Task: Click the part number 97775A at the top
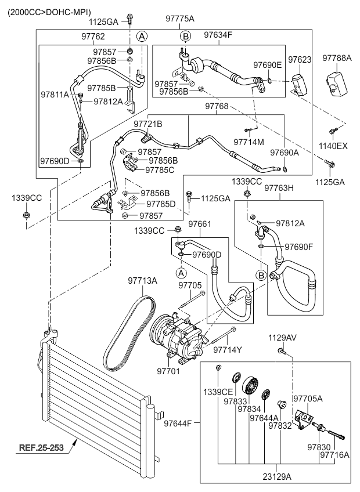[x=180, y=19]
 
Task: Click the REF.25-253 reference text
[x=41, y=447]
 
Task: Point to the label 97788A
[x=337, y=58]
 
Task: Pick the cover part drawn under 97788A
[x=336, y=82]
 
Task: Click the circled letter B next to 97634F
[x=185, y=37]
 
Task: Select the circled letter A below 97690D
[x=181, y=273]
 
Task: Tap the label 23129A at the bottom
[x=277, y=477]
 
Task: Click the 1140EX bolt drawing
[x=333, y=131]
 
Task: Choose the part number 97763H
[x=279, y=188]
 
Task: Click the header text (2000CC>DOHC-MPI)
[x=49, y=12]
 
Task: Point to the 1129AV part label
[x=282, y=338]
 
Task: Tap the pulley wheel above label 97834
[x=250, y=386]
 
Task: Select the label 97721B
[x=148, y=124]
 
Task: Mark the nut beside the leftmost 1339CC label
[x=26, y=215]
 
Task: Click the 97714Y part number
[x=228, y=349]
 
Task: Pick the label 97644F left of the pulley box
[x=178, y=424]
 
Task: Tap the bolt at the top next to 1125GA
[x=129, y=20]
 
